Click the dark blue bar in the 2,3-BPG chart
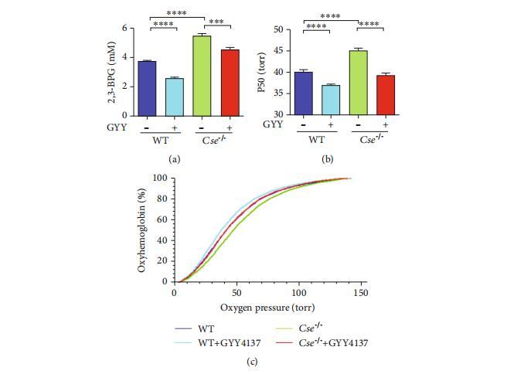tap(147, 88)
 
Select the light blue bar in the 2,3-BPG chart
tap(174, 97)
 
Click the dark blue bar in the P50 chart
tap(303, 93)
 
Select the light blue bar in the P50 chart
tap(330, 100)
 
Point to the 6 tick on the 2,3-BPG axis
tap(126, 29)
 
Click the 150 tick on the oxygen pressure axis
tap(359, 294)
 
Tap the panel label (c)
tap(253, 361)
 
